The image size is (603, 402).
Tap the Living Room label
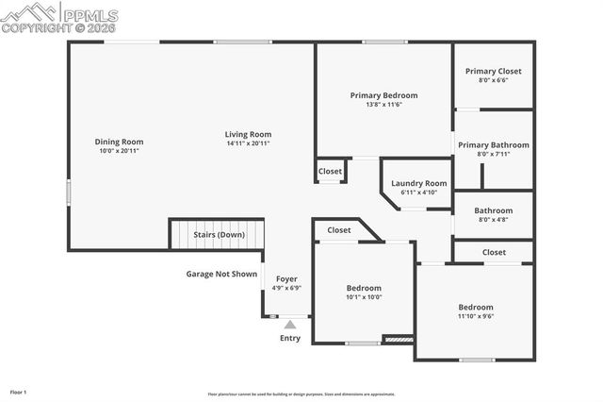[x=248, y=134]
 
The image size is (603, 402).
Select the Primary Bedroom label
[x=383, y=95]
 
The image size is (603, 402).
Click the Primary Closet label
[x=493, y=71]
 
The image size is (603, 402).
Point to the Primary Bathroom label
[x=493, y=145]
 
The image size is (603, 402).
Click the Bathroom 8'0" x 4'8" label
[x=493, y=211]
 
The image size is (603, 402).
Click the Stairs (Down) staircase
[x=214, y=235]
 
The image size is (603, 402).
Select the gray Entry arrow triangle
[x=290, y=325]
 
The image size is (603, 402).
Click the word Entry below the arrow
[x=290, y=338]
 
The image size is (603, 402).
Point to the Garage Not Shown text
[x=221, y=274]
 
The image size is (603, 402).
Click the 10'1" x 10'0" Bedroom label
[x=364, y=288]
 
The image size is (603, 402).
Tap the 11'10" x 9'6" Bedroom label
[x=476, y=308]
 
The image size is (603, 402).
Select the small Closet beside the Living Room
[x=330, y=171]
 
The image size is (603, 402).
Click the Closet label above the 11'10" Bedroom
[x=494, y=252]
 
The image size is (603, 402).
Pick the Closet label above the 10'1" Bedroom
[x=339, y=229]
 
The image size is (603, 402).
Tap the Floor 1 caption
[x=18, y=391]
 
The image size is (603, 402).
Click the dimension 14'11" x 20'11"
[x=248, y=143]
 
